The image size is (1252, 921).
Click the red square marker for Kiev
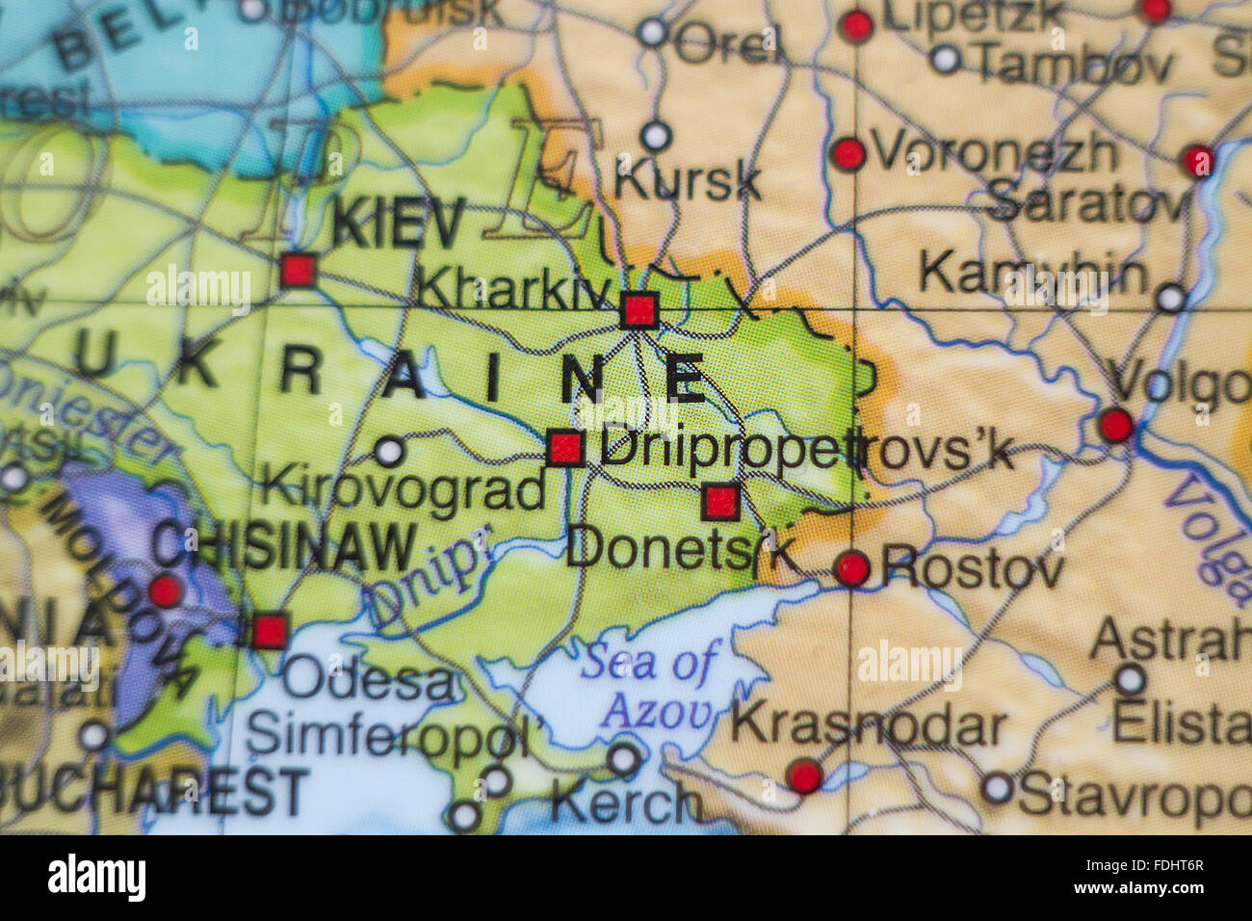pos(298,270)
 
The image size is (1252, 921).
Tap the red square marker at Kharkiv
pos(639,311)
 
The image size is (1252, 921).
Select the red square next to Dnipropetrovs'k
pos(565,448)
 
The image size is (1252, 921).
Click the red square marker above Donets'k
pos(720,501)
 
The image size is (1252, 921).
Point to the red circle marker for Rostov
pos(852,568)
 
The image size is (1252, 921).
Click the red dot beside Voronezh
pos(848,153)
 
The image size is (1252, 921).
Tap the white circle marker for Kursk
pos(656,135)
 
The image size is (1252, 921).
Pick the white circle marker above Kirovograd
pos(389,450)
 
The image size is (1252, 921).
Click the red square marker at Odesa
pos(270,631)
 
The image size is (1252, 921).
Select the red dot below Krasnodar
pos(804,775)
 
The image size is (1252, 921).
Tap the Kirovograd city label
pos(403,489)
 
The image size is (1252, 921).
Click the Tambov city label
pos(1074,64)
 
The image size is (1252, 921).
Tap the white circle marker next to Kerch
pos(624,760)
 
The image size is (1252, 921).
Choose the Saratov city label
pos(1087,203)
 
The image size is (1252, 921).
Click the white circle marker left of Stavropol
pos(997,788)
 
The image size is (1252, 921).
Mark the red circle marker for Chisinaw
pos(165,590)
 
